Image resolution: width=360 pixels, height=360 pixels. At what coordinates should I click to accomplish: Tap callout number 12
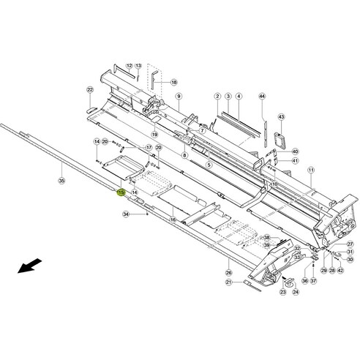129,65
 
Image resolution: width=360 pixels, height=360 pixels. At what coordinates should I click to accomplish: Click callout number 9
178,97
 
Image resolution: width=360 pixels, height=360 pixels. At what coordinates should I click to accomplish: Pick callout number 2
217,97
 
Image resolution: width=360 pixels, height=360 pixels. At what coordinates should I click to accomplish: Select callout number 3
228,97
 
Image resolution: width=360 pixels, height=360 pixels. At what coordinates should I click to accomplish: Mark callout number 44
263,97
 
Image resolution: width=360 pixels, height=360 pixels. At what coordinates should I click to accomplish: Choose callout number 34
126,214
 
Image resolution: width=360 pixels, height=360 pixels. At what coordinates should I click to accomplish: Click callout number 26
228,272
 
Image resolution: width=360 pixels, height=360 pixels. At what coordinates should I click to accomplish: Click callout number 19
155,135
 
